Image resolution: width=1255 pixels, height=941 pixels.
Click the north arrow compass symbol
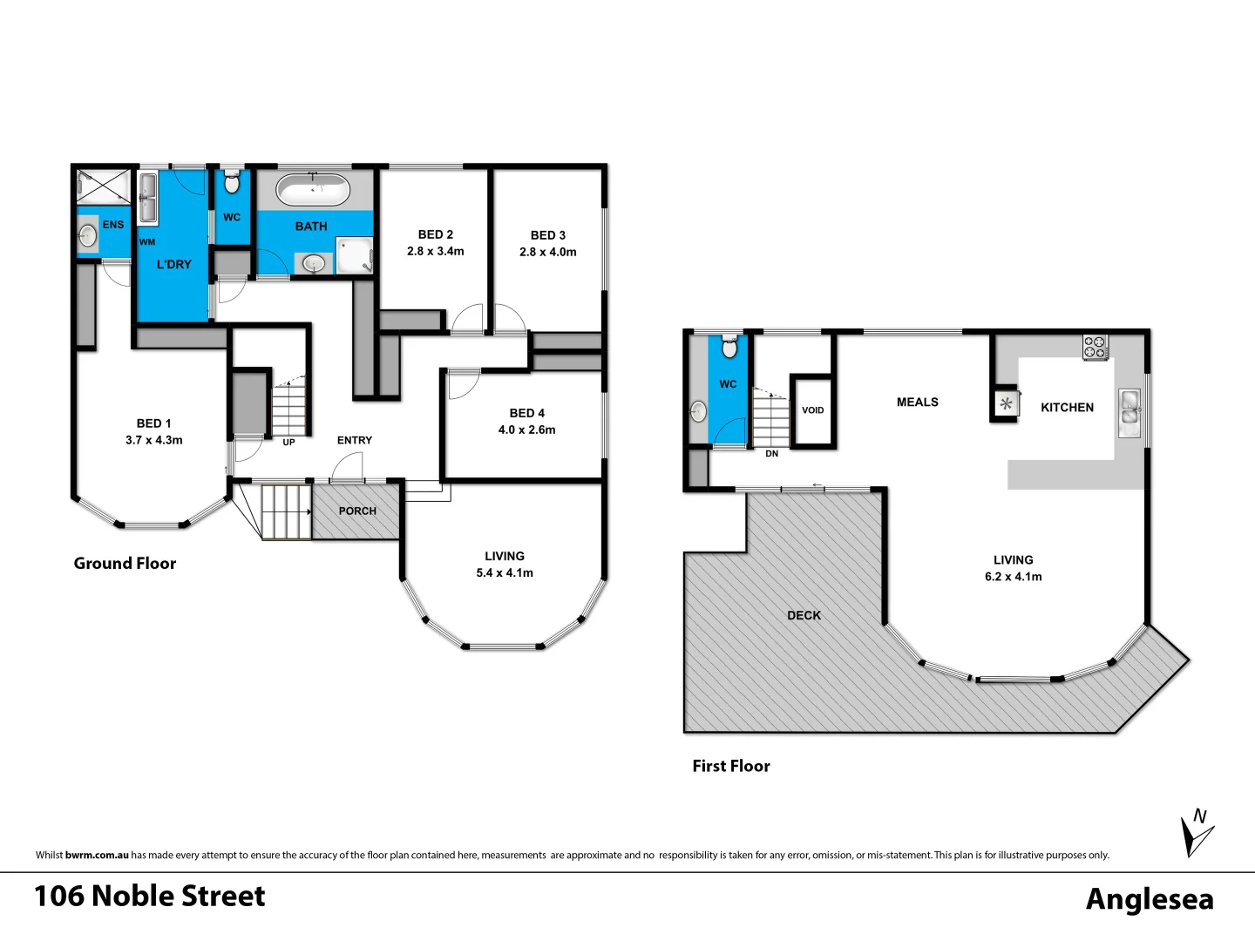[1196, 833]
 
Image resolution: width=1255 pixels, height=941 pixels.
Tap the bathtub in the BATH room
[313, 190]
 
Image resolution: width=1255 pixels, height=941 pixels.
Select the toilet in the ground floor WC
[232, 183]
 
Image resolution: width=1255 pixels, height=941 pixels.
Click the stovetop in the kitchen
[1096, 348]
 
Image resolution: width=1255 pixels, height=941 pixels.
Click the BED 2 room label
[435, 234]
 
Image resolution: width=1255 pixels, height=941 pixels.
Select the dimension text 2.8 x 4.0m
[547, 252]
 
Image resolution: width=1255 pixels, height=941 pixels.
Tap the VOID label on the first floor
[812, 410]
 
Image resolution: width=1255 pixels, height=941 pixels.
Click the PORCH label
[357, 511]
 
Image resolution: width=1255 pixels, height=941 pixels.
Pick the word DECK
[804, 615]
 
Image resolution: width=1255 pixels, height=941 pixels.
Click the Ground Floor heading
[125, 564]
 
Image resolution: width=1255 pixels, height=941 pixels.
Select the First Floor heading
[731, 766]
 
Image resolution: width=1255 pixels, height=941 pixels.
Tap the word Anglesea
[1149, 898]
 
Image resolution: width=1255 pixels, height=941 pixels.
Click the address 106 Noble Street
[150, 896]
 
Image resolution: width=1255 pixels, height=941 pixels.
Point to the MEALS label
[917, 402]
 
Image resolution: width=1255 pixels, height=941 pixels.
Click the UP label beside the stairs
[288, 443]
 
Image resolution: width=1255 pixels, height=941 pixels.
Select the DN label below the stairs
[771, 454]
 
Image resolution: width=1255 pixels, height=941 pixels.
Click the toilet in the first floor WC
[729, 349]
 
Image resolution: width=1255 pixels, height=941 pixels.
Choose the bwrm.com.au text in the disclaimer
[97, 856]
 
